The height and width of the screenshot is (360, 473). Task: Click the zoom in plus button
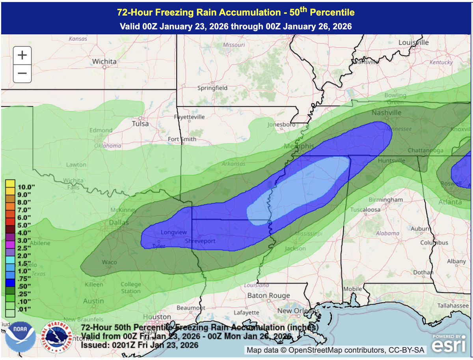(x=22, y=55)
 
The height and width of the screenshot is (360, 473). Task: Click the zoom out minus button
(x=22, y=73)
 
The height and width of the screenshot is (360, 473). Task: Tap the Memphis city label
(x=299, y=146)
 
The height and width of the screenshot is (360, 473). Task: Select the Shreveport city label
(x=201, y=241)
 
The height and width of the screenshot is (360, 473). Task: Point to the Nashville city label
(x=386, y=113)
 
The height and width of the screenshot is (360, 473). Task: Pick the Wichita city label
(x=104, y=62)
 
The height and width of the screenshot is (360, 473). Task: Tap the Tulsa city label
(x=140, y=124)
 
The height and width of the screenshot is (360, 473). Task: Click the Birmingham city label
(x=389, y=200)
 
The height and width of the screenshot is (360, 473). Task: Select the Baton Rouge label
(x=268, y=295)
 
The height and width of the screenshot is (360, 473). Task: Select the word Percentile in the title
(x=333, y=12)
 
